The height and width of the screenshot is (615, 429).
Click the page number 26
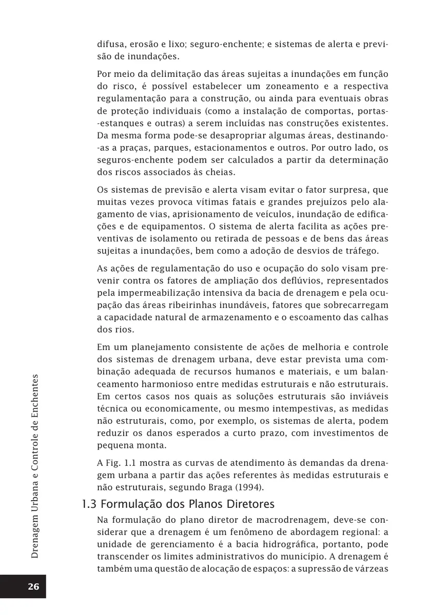[33, 587]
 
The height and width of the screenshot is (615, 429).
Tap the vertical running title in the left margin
[35, 466]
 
